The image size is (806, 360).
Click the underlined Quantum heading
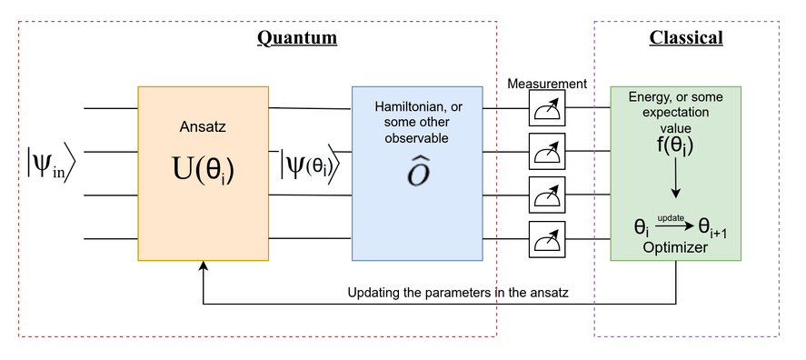(297, 38)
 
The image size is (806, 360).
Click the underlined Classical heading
(686, 38)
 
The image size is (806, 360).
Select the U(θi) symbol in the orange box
(203, 169)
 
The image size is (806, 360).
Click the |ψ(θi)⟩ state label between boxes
(310, 166)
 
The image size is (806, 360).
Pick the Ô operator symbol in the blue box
(418, 174)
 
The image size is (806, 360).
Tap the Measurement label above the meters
(547, 84)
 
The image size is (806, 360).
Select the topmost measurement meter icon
(547, 108)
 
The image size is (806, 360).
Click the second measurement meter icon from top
(547, 152)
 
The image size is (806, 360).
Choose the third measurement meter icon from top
(547, 195)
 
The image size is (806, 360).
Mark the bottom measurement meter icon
(547, 239)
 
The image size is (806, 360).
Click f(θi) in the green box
(674, 143)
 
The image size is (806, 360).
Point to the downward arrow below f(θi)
(674, 185)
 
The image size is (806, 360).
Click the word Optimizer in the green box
(674, 246)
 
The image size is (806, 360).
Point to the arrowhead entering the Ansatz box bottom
(203, 266)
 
